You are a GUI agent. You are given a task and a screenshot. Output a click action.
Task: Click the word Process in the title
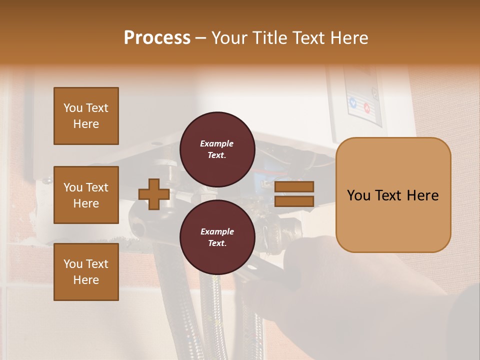(x=157, y=37)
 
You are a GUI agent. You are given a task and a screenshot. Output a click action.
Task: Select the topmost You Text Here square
(x=86, y=116)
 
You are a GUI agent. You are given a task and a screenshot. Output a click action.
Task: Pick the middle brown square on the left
(x=86, y=195)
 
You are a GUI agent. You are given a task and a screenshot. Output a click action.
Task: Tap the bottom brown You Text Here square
(x=86, y=271)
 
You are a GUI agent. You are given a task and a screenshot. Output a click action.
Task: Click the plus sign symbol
(x=154, y=194)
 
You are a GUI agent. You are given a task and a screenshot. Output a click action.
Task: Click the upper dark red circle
(x=217, y=149)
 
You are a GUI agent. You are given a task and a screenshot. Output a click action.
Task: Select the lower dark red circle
(x=217, y=237)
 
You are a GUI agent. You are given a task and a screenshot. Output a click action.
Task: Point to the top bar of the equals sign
(x=294, y=187)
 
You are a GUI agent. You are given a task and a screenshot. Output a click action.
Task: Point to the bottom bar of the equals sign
(x=294, y=201)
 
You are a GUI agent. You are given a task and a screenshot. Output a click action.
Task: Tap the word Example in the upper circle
(x=217, y=143)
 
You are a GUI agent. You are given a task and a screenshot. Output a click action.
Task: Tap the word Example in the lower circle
(x=217, y=231)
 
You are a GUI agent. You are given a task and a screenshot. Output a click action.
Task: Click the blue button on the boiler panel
(x=353, y=103)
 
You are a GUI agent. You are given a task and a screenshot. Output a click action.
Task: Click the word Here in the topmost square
(x=86, y=124)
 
